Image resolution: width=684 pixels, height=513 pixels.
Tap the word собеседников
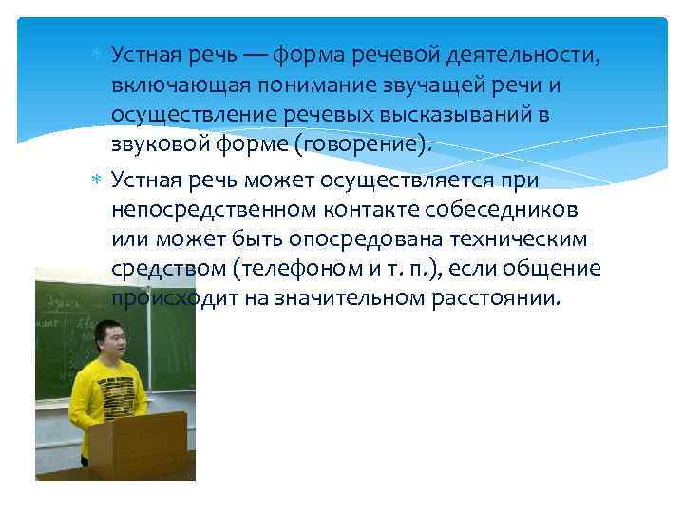(506, 210)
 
